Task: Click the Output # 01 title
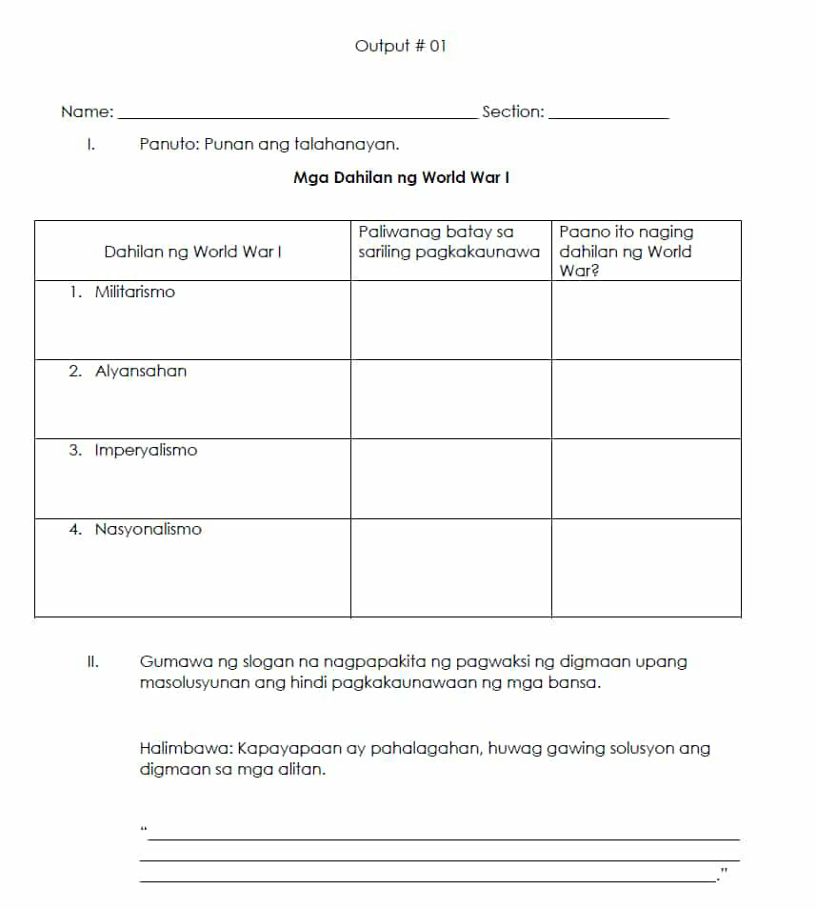point(400,46)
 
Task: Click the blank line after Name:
point(295,117)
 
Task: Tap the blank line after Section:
point(609,117)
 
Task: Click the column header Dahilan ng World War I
point(192,252)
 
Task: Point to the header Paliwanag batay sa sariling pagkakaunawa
point(448,242)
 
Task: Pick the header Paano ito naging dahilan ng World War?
point(626,252)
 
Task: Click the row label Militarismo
point(134,293)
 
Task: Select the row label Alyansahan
point(140,372)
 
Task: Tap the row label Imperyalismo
point(146,451)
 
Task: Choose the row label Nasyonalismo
point(148,530)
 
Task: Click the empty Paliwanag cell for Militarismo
point(450,320)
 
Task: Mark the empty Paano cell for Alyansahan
point(646,399)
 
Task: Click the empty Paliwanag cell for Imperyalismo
point(450,478)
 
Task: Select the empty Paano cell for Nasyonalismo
point(646,568)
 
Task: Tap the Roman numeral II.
point(92,661)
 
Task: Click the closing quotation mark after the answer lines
point(725,870)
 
